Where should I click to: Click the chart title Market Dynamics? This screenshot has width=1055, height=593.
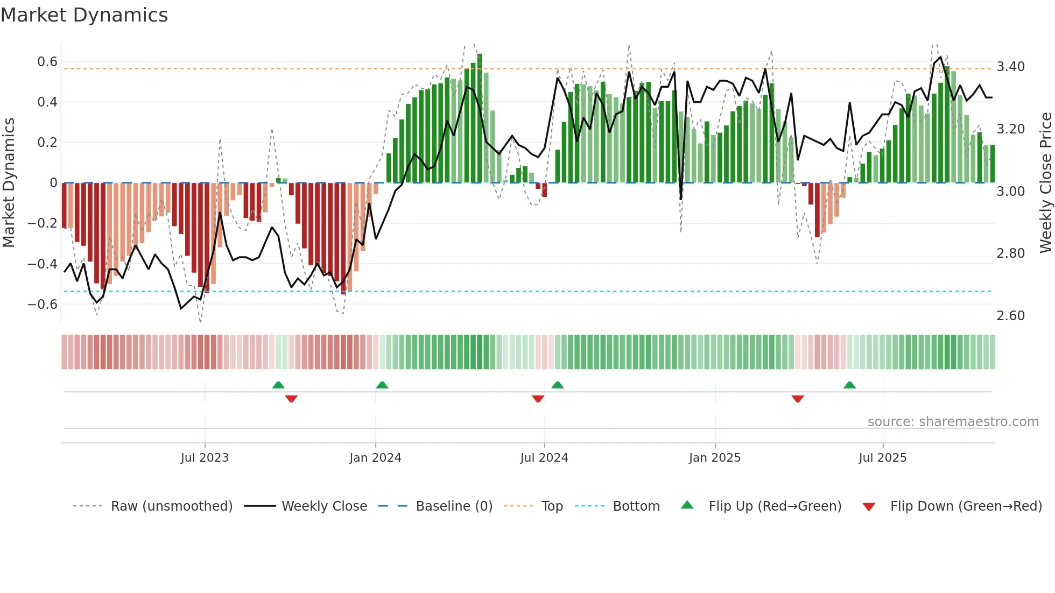[84, 15]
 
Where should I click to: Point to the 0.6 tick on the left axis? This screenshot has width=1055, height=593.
[47, 62]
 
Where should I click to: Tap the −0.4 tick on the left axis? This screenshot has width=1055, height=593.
[43, 264]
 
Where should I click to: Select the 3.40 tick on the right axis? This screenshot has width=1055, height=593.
[1010, 67]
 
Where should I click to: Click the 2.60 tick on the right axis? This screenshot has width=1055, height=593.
[1010, 316]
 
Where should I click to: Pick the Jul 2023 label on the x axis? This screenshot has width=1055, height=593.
[205, 458]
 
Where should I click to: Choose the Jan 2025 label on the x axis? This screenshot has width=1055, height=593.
[714, 458]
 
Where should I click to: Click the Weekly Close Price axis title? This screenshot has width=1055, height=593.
[1045, 183]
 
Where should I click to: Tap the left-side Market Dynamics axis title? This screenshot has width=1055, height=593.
[9, 183]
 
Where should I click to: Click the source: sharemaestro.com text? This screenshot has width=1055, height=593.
[953, 422]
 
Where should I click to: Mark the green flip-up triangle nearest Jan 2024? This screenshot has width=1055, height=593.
[382, 385]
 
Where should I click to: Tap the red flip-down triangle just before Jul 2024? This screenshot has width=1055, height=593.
[538, 399]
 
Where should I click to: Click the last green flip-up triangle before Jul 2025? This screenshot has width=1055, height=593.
[849, 385]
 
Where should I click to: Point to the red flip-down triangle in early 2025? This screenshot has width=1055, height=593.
[798, 399]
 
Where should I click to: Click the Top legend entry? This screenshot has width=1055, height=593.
[552, 506]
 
